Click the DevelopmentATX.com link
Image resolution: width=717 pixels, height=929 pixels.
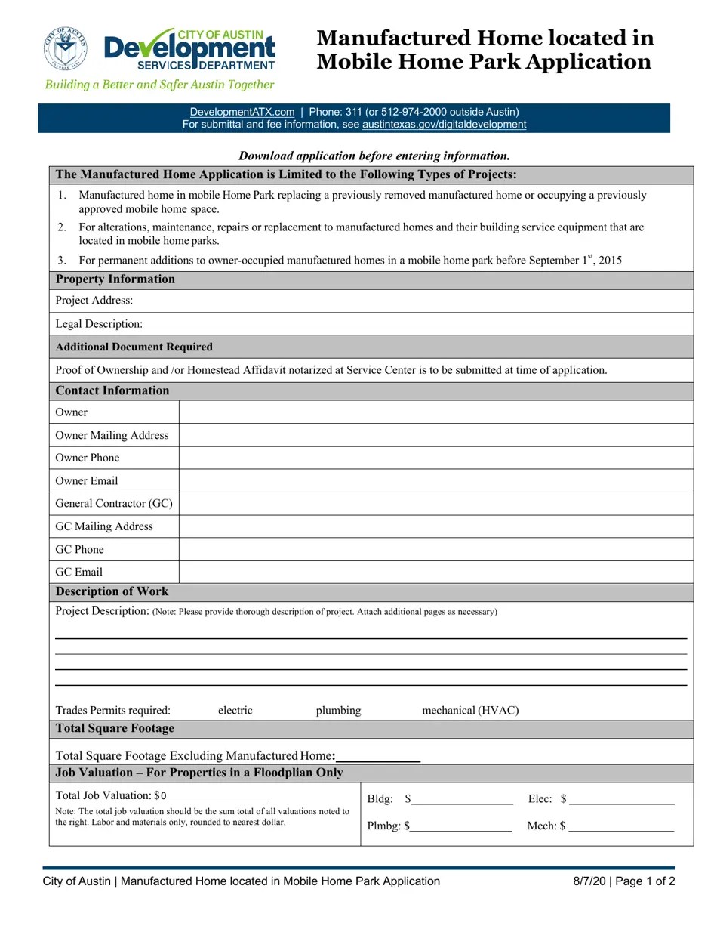coord(242,112)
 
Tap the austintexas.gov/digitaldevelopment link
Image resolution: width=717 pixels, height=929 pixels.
coord(444,125)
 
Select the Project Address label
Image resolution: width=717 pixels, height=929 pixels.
coord(94,301)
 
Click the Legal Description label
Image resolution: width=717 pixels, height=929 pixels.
coord(99,324)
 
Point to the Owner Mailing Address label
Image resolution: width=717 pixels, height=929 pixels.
coord(112,435)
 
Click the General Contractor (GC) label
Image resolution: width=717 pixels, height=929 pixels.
coord(113,503)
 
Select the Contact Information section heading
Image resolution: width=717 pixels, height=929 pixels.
coord(112,390)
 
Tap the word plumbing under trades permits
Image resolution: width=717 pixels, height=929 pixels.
coord(338,711)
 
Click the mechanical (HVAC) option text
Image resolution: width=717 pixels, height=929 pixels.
coord(470,711)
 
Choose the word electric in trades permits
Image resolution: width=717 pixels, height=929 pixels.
coord(235,711)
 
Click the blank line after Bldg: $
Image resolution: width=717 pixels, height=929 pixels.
coord(462,800)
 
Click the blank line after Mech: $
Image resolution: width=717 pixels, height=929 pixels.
coord(621,826)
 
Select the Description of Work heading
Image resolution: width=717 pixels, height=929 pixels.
coord(112,591)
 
